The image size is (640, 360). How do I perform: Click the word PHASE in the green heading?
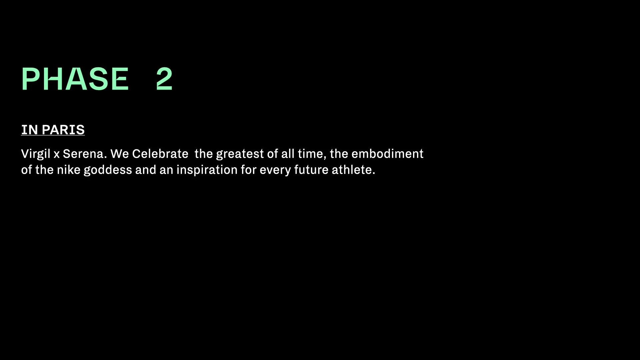click(75, 79)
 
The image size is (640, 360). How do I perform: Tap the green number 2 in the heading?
click(164, 79)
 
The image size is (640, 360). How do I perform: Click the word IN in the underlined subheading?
click(29, 130)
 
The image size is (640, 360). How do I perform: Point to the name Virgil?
click(36, 154)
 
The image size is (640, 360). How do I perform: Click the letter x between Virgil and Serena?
click(57, 154)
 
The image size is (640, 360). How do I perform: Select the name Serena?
click(84, 154)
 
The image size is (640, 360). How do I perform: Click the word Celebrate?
click(160, 154)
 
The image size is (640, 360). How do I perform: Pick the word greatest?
click(240, 154)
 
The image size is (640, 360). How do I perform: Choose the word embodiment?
click(387, 154)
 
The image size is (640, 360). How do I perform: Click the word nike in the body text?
click(69, 170)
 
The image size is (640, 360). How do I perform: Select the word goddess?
click(108, 170)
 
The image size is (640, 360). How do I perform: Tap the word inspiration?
click(207, 170)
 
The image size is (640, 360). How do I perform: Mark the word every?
click(275, 170)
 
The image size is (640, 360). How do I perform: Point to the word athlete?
click(353, 170)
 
